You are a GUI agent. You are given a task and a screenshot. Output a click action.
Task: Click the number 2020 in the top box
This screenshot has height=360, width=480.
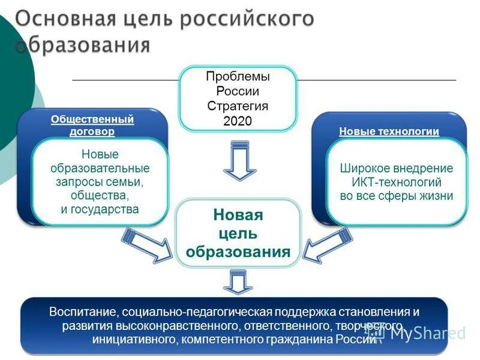pos(238,120)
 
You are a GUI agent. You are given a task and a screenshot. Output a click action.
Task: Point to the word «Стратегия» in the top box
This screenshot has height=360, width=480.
pos(238,106)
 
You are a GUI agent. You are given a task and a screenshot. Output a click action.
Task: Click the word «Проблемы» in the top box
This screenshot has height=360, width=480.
pos(238,77)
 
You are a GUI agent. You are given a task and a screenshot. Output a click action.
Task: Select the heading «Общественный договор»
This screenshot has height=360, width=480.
pos(92,125)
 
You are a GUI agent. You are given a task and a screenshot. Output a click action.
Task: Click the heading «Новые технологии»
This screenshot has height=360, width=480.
pos(389,131)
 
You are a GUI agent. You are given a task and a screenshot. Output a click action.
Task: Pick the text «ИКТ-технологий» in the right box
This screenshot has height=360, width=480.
pos(397,182)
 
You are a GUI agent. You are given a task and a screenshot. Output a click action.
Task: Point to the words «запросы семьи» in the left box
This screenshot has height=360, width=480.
pos(100,182)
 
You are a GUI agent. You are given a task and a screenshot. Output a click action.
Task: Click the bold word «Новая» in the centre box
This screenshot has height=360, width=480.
pos(238,215)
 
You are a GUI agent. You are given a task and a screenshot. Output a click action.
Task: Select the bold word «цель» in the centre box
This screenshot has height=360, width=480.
pos(238,233)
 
